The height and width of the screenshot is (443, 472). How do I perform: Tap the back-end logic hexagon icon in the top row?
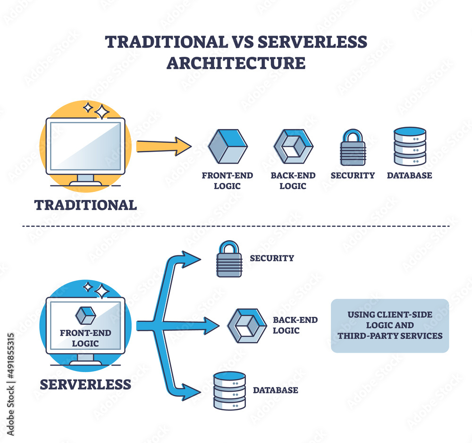[x=293, y=146]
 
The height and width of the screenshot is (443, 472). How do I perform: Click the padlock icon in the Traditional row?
[x=353, y=148]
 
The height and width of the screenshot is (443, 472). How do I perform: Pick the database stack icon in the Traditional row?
[x=410, y=146]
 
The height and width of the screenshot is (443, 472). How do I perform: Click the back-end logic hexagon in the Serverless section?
[x=247, y=326]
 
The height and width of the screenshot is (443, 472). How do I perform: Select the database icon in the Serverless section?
[x=229, y=391]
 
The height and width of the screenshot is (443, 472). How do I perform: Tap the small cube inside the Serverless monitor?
[x=85, y=315]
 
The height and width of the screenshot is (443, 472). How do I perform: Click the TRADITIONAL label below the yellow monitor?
[x=85, y=205]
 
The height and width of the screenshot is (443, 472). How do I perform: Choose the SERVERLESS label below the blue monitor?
[x=85, y=384]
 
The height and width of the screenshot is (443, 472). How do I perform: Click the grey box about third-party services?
[x=389, y=325]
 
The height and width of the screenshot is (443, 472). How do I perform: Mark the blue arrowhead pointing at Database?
[x=194, y=392]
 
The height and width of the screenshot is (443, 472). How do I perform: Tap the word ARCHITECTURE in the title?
[x=236, y=63]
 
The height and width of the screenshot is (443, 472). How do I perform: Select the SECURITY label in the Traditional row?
[x=353, y=175]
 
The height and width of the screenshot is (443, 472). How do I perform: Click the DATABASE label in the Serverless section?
[x=275, y=391]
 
